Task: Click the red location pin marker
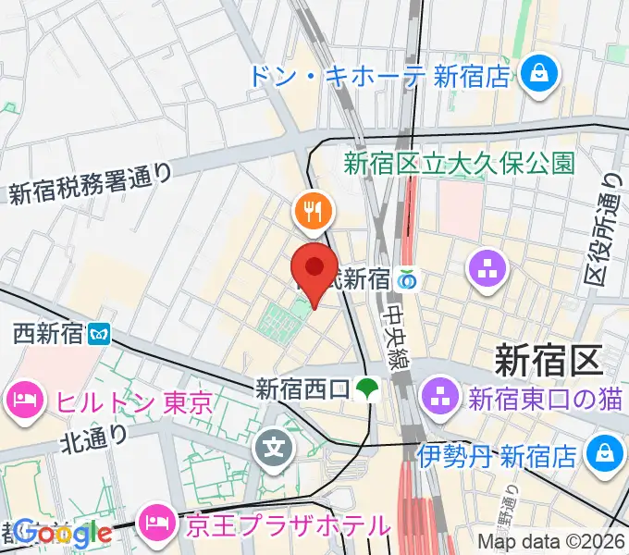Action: coord(314,271)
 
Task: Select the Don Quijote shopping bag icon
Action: coord(536,76)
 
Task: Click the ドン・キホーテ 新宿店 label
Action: coord(378,76)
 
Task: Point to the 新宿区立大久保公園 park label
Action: coord(460,164)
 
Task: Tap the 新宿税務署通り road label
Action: coord(91,182)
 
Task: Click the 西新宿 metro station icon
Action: coord(98,332)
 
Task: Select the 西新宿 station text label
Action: coord(47,332)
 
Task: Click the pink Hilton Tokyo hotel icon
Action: coord(22,401)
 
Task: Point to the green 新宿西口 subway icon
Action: coord(369,388)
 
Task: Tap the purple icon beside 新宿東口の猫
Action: coord(438,400)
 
